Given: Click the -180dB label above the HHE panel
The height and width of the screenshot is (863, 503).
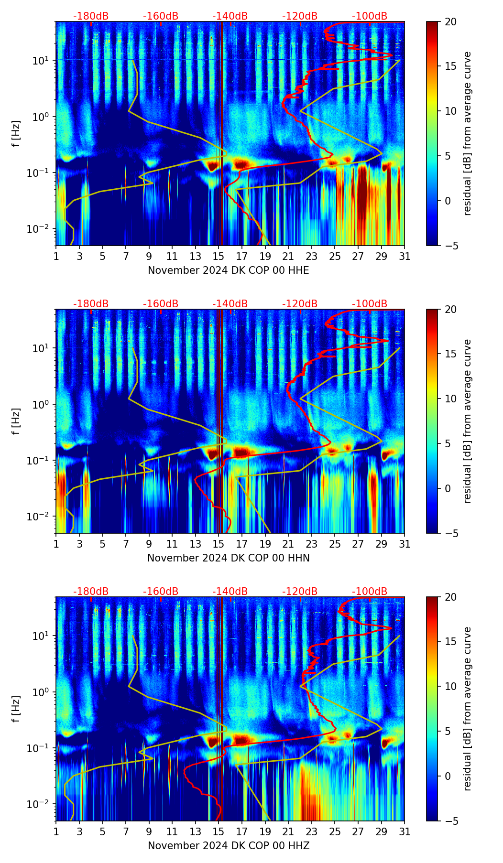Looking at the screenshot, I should coord(91,16).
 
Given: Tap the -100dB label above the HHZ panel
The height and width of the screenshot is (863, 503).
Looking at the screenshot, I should coord(370,592).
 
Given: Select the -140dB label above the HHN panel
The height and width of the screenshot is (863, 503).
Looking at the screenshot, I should coord(230,304).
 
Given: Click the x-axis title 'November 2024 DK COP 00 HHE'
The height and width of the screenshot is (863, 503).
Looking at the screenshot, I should coord(228,270).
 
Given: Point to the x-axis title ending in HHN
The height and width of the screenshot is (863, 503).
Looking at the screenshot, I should coord(228,558).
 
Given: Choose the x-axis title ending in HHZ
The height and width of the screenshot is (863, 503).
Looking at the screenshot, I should coord(228,846).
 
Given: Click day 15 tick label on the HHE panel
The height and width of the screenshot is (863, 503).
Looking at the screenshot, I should coord(219,256).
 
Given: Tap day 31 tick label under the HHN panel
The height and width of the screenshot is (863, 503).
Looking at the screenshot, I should coord(405,544).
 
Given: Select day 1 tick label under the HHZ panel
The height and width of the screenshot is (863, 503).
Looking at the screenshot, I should coord(56,831).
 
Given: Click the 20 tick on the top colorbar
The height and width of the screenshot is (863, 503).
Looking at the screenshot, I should coord(451,22).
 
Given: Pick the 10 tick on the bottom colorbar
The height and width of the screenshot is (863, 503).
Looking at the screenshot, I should coord(451,686).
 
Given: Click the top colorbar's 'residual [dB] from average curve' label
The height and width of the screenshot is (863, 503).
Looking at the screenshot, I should coord(467,134).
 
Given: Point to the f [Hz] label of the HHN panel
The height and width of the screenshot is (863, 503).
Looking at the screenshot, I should coord(16,421).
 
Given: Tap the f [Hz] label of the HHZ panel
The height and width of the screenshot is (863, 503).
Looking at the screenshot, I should coord(16,709).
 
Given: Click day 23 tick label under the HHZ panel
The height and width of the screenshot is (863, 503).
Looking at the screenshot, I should coord(311,831).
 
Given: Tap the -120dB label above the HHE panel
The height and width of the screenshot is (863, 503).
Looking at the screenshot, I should coord(300,16).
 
